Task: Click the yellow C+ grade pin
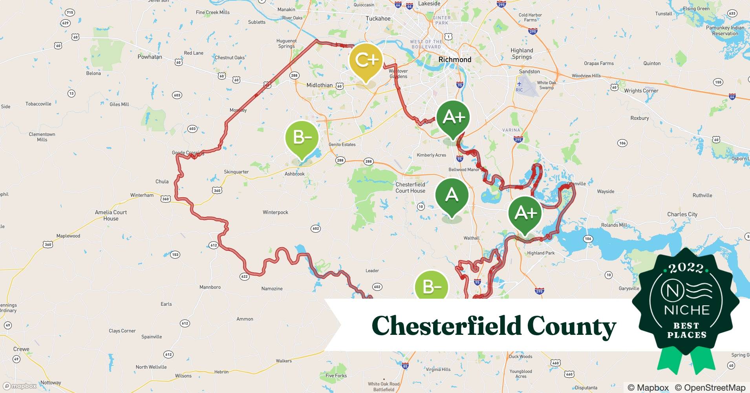tap(366, 60)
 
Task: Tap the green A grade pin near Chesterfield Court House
tap(452, 195)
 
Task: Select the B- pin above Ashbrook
tap(302, 138)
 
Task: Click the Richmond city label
tap(455, 60)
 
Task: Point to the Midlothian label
tap(319, 85)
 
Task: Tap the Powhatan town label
tap(150, 57)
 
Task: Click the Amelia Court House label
tap(111, 215)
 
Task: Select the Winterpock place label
tap(275, 213)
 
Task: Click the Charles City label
tap(682, 215)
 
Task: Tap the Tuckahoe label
tap(378, 19)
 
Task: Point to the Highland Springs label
tap(521, 54)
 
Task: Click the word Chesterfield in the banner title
tap(446, 326)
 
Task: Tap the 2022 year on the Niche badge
tap(686, 268)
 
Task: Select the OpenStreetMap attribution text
tap(710, 387)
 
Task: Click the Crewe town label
tap(21, 349)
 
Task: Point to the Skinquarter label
tap(236, 172)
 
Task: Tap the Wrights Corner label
tap(641, 91)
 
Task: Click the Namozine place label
tap(272, 289)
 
